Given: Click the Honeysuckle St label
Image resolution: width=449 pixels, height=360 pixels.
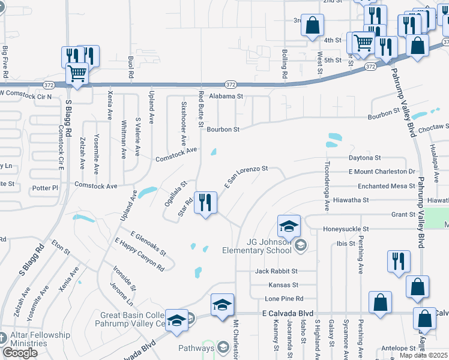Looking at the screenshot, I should [345, 229].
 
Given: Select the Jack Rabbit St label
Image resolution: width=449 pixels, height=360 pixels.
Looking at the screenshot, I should [276, 271].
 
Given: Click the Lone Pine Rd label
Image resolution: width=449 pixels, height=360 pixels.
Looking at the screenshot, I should [285, 299].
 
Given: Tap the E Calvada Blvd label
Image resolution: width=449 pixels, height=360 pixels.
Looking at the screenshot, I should [288, 313].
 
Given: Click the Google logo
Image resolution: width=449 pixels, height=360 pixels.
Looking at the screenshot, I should [20, 353].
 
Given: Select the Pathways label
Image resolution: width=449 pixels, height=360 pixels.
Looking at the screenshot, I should [196, 347].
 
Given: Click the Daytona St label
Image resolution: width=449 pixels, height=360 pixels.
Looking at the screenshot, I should [365, 158].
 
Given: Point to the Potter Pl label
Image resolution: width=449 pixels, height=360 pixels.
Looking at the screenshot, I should [45, 188].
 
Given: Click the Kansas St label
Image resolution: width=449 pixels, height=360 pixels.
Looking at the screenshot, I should [284, 285].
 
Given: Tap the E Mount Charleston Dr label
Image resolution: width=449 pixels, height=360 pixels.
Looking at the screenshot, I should [382, 172].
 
